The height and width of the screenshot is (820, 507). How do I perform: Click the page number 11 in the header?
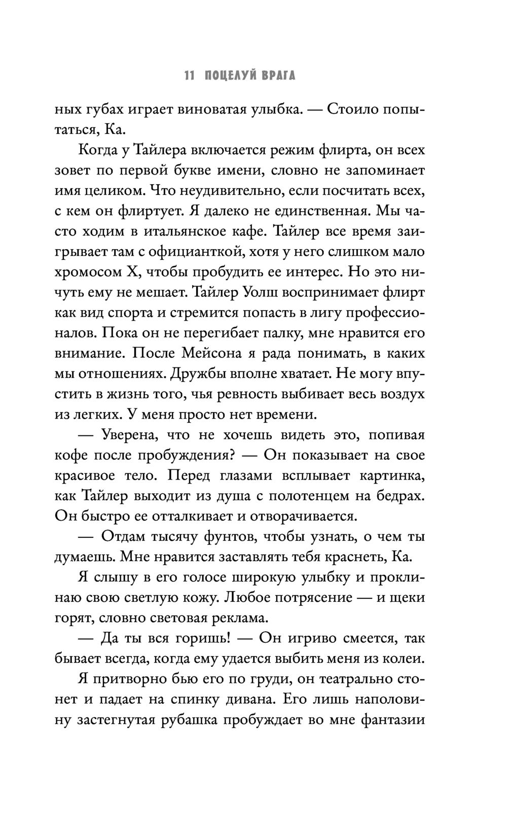click(x=189, y=77)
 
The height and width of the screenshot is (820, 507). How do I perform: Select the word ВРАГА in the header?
click(x=278, y=77)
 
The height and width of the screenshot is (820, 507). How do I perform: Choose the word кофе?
click(x=68, y=455)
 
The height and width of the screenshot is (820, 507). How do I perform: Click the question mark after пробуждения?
click(x=231, y=455)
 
